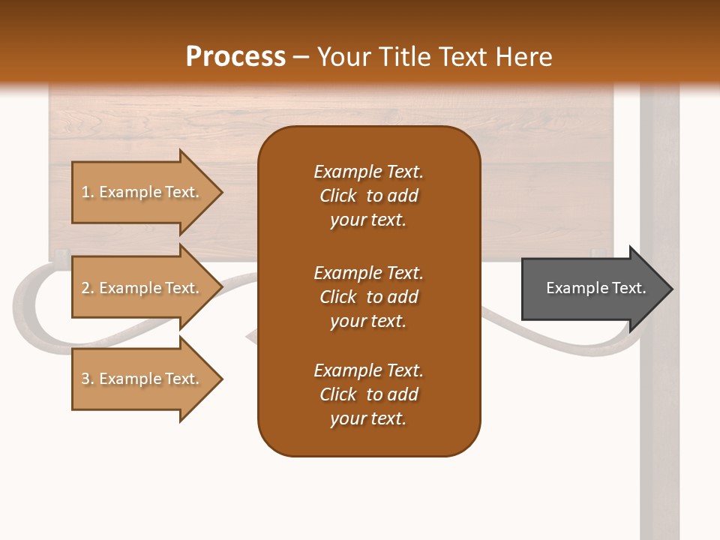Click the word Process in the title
click(x=235, y=57)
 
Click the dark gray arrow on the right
click(x=592, y=288)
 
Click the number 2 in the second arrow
click(x=85, y=288)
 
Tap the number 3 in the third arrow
click(x=85, y=379)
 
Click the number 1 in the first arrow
click(x=85, y=192)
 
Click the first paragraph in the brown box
click(x=368, y=196)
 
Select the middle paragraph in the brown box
click(x=368, y=297)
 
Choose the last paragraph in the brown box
click(x=368, y=394)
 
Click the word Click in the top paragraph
click(x=338, y=196)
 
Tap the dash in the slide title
click(x=301, y=57)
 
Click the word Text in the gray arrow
click(x=629, y=288)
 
